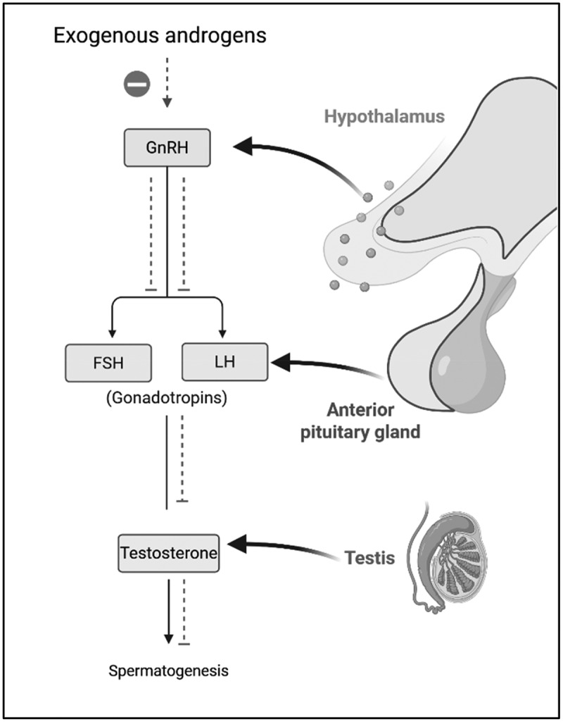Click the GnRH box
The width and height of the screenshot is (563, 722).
(166, 147)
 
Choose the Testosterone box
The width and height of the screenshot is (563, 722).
(166, 553)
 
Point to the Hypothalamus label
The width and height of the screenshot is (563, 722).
(384, 116)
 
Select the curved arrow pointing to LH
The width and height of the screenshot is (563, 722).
(324, 366)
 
